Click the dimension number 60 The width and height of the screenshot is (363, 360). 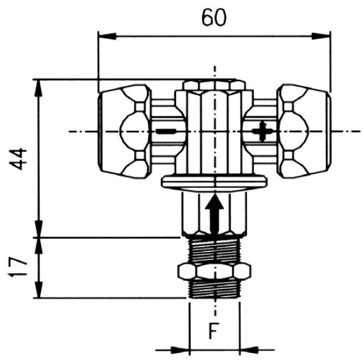[214, 17]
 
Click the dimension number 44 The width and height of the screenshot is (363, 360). [18, 159]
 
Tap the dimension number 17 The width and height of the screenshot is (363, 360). [18, 267]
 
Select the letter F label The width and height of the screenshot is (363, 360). [214, 331]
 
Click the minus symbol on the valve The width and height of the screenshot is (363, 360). [166, 131]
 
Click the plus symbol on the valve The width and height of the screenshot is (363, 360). [262, 131]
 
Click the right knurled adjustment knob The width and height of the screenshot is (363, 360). [304, 131]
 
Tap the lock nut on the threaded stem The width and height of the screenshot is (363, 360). [214, 272]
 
